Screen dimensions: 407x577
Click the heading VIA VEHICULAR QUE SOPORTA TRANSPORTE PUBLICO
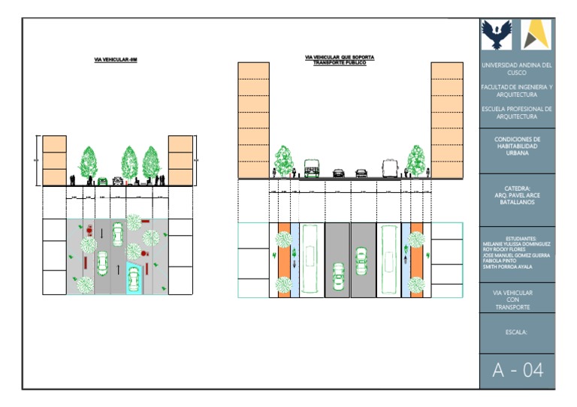click(x=340, y=59)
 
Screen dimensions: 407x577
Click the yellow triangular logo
click(x=536, y=35)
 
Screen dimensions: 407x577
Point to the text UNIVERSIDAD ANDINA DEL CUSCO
click(x=517, y=69)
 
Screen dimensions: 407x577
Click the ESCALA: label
click(x=517, y=330)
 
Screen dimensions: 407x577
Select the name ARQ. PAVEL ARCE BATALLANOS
click(x=517, y=197)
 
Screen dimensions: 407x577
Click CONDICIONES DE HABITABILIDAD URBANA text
click(x=517, y=146)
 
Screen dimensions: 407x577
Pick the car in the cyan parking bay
click(x=134, y=279)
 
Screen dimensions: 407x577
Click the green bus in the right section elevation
click(x=311, y=167)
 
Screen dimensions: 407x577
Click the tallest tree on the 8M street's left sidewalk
click(x=89, y=161)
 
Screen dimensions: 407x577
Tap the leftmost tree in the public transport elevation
click(x=283, y=160)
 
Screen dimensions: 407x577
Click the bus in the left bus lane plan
click(x=312, y=259)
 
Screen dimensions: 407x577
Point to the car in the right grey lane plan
click(x=362, y=259)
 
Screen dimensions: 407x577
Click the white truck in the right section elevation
click(x=389, y=168)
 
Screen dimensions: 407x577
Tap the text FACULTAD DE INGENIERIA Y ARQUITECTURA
click(x=517, y=91)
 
